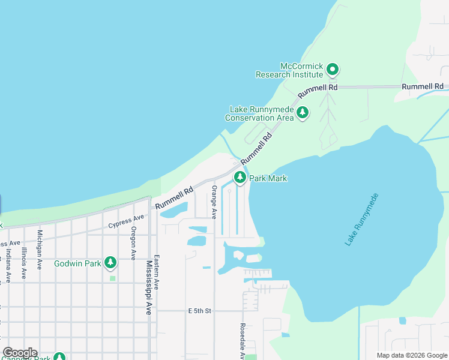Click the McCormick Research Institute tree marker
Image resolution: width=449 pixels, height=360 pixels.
tap(333, 71)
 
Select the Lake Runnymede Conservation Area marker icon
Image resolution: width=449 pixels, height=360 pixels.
tap(303, 112)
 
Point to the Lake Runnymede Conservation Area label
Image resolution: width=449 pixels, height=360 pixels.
tap(259, 114)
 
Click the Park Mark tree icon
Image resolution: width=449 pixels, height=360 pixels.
tap(240, 178)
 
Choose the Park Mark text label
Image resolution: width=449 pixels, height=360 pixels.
tap(268, 178)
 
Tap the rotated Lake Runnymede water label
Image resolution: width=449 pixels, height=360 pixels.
tap(363, 219)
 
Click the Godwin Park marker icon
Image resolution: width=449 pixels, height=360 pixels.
tap(110, 262)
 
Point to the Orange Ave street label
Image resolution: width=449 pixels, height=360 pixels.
tap(213, 202)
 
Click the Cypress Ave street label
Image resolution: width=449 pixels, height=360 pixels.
tap(126, 221)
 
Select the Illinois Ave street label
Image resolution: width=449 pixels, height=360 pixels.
tap(24, 263)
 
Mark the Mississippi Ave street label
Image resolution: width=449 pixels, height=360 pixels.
tap(148, 287)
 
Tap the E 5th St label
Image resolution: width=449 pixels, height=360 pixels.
tap(200, 311)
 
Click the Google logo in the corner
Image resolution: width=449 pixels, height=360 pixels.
tap(20, 353)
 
